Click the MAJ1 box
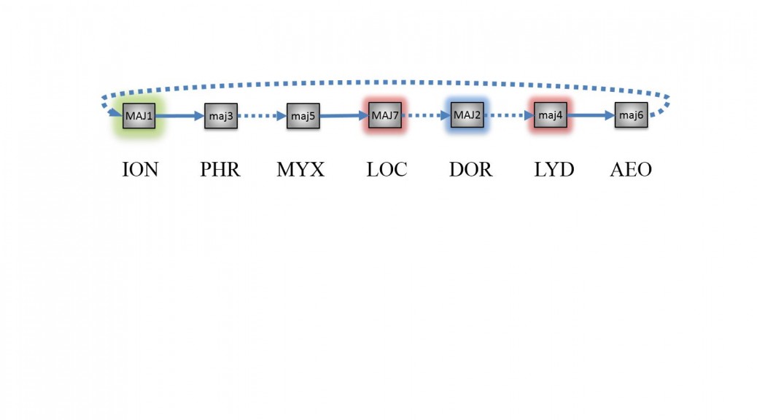[139, 116]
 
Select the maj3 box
[221, 116]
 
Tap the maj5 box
[303, 116]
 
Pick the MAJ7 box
[385, 115]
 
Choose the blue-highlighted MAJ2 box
[467, 115]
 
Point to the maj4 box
[551, 115]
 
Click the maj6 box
[631, 115]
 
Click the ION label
[140, 169]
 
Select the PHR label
[220, 169]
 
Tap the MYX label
[300, 169]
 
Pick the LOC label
[387, 169]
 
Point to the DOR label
[470, 169]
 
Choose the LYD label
[554, 169]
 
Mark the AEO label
[631, 169]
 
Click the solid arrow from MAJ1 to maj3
[180, 116]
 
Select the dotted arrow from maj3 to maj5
[262, 116]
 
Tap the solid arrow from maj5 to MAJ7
[344, 115]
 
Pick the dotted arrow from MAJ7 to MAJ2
[427, 115]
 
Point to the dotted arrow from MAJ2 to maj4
[509, 115]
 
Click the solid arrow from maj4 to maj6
[591, 115]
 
